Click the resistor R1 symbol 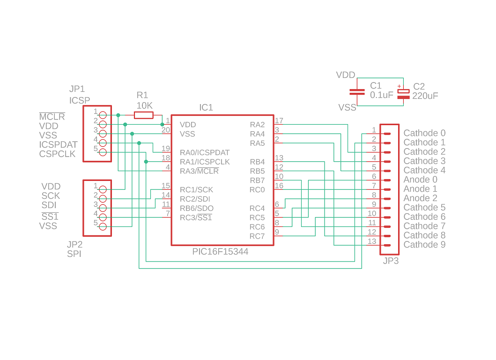pyautogui.click(x=143, y=115)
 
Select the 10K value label pyautogui.click(x=144, y=105)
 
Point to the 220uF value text pyautogui.click(x=425, y=96)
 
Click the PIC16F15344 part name pyautogui.click(x=220, y=252)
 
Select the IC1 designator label pyautogui.click(x=206, y=107)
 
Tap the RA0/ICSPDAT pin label pyautogui.click(x=205, y=152)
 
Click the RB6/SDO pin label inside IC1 pyautogui.click(x=197, y=208)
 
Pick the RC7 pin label pyautogui.click(x=257, y=236)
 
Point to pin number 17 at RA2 pyautogui.click(x=279, y=121)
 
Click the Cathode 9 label pyautogui.click(x=424, y=245)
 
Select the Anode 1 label pyautogui.click(x=420, y=189)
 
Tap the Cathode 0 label pyautogui.click(x=424, y=133)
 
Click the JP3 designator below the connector pyautogui.click(x=391, y=261)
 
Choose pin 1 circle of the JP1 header pyautogui.click(x=103, y=115)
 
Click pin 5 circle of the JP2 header pyautogui.click(x=103, y=227)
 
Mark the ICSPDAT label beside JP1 pyautogui.click(x=58, y=144)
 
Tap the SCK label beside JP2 pyautogui.click(x=51, y=196)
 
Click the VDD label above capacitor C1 pyautogui.click(x=346, y=75)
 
